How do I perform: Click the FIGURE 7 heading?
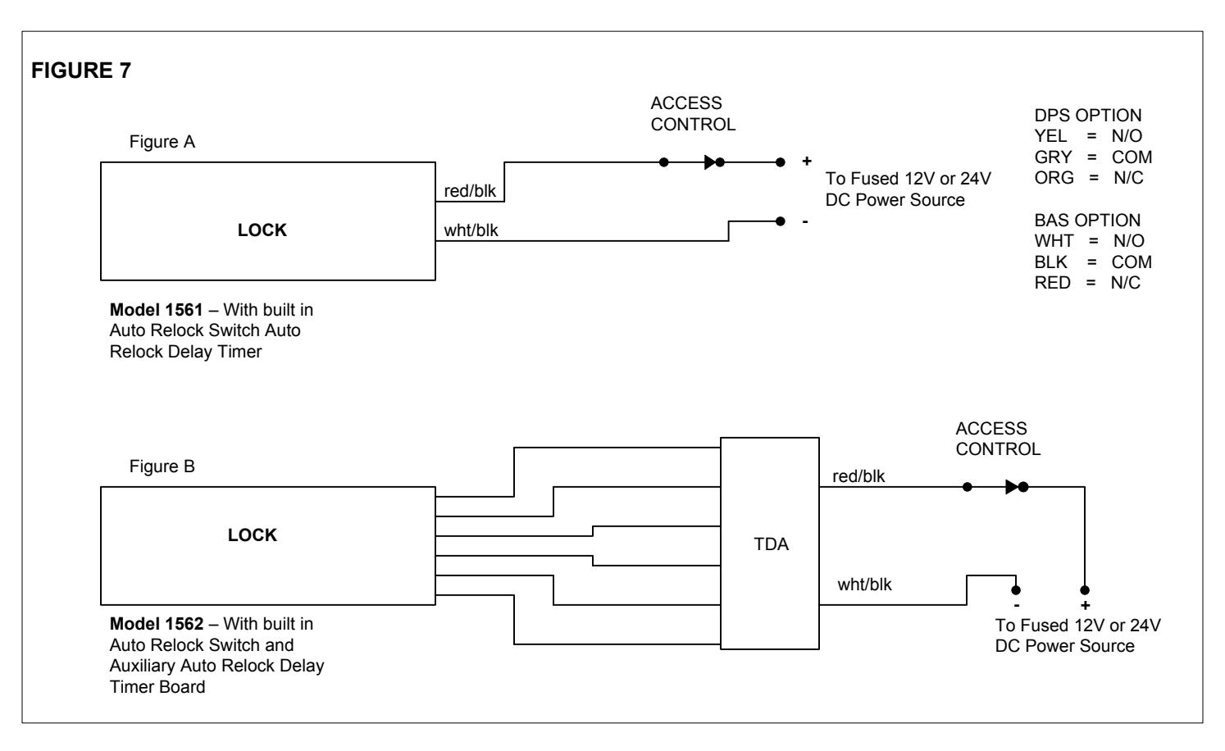81,71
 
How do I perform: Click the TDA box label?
771,544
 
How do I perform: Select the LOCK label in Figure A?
262,230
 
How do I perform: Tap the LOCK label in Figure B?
252,535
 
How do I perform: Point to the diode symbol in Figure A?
710,162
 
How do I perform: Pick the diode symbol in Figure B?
1012,487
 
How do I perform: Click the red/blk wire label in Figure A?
470,191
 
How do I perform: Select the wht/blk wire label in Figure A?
471,230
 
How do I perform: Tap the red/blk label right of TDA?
858,476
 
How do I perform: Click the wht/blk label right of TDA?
864,585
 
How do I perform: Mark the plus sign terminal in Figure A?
807,161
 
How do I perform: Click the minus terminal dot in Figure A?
781,221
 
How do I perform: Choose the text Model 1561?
156,310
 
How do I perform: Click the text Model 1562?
157,624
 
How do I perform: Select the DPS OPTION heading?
1088,116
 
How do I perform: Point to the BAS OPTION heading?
1087,220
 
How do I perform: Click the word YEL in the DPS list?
1050,135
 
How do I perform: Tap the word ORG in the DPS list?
1054,178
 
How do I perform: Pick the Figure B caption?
162,466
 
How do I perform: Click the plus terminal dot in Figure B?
1085,590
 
